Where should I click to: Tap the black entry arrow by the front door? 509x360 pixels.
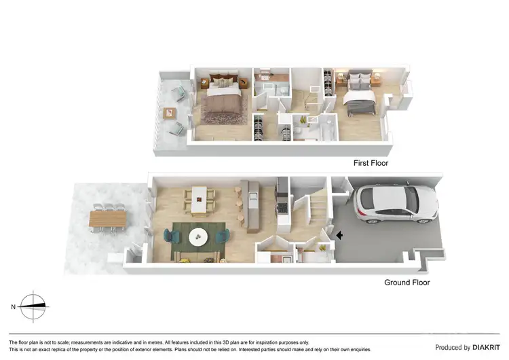[x=340, y=235]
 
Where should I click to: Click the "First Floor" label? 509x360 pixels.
[x=371, y=163]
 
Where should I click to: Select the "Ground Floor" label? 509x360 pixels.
[x=407, y=283]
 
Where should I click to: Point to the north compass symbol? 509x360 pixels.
[x=33, y=306]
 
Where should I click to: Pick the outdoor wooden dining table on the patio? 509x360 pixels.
[x=108, y=219]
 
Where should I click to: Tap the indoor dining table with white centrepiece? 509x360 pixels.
[x=200, y=200]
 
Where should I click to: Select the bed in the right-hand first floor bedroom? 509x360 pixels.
[x=360, y=101]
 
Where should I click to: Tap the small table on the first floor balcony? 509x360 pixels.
[x=169, y=113]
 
